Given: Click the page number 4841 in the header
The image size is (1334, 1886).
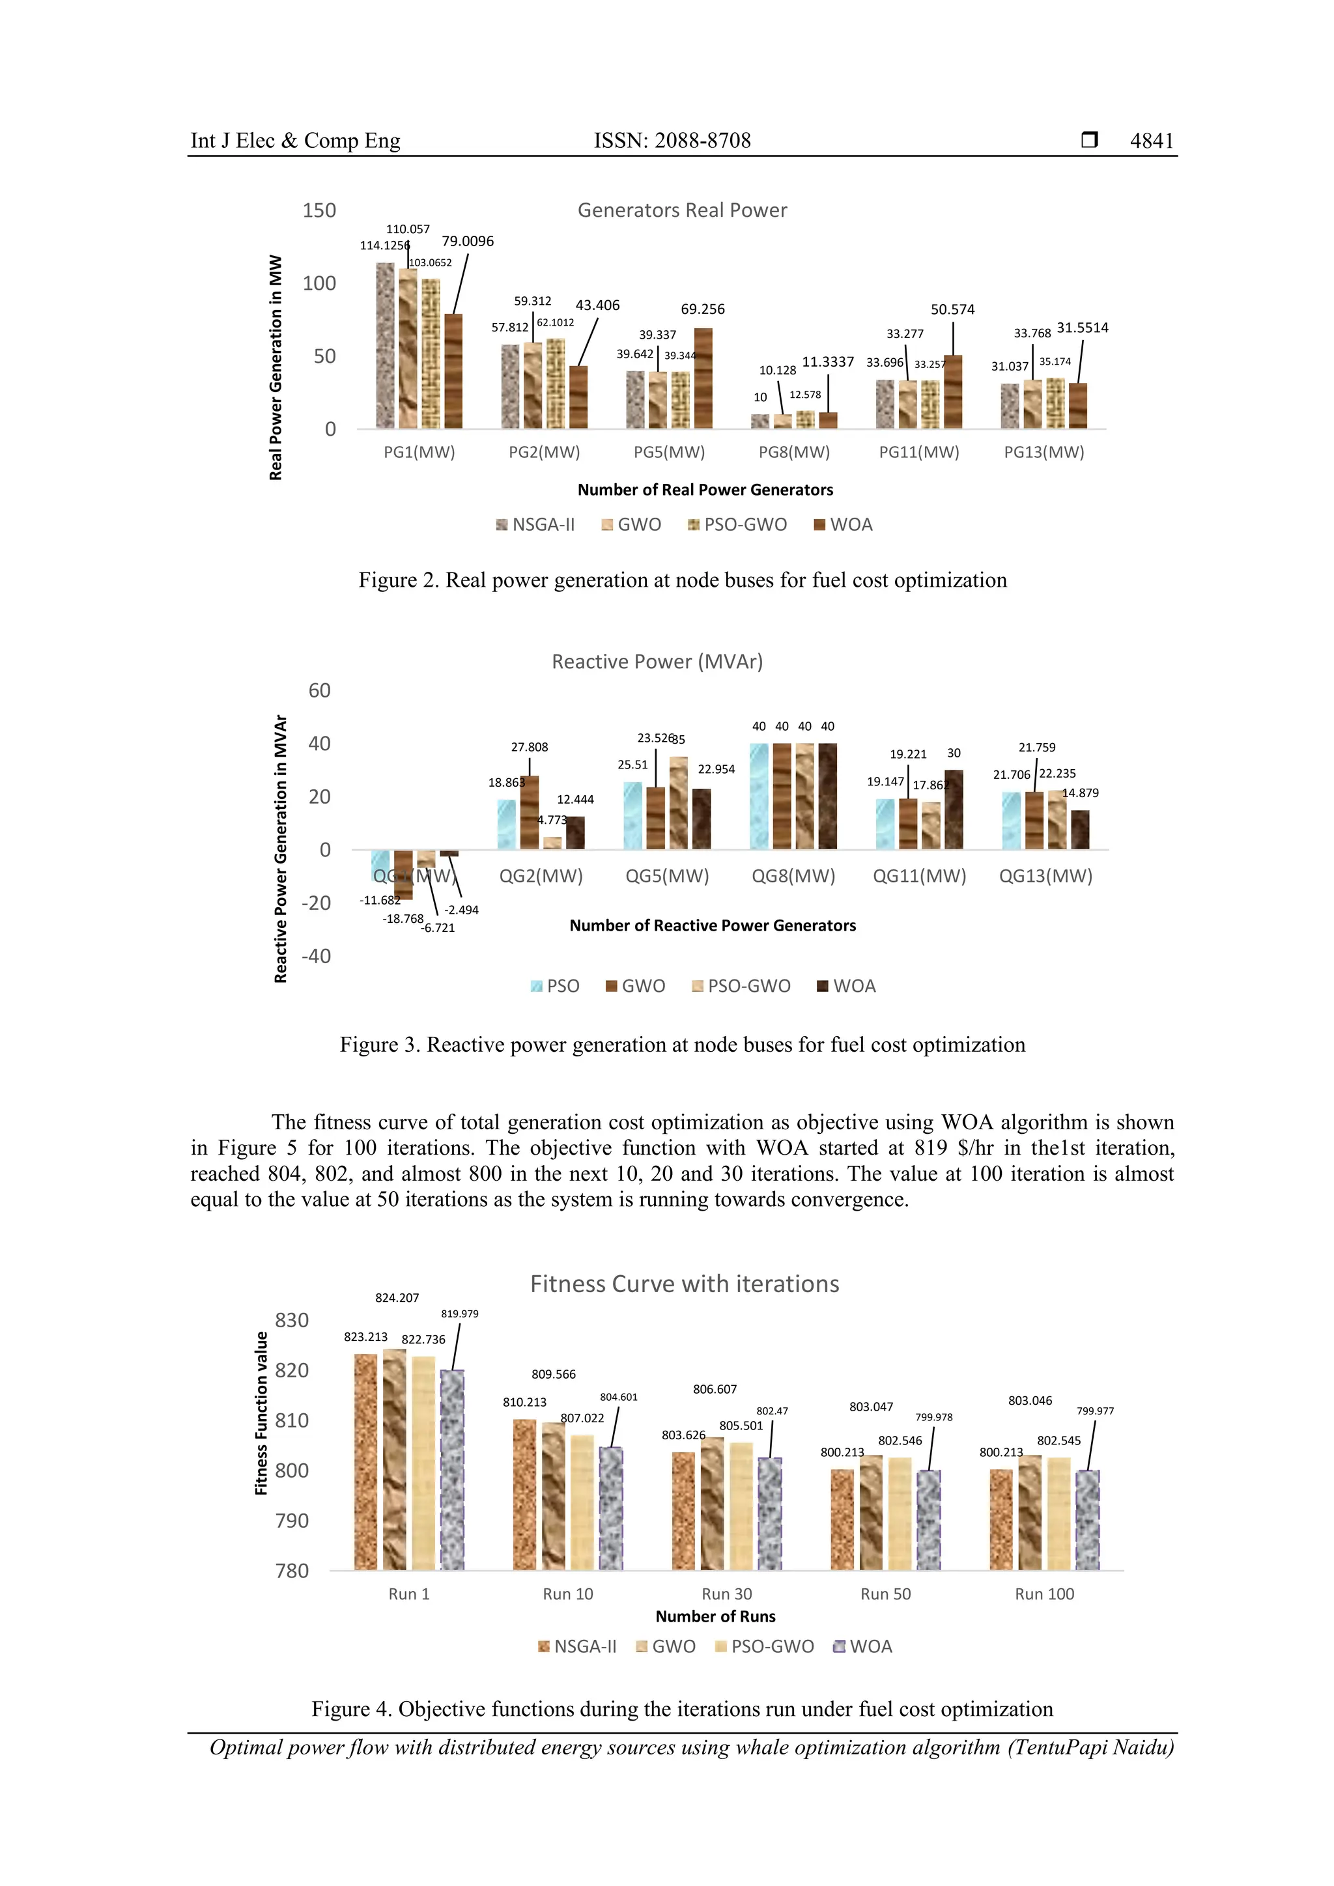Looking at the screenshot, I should point(1151,141).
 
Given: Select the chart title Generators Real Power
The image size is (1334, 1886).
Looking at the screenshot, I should point(682,210).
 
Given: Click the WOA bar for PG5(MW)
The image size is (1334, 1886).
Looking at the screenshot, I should point(703,378).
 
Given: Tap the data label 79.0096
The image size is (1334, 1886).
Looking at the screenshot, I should point(468,241).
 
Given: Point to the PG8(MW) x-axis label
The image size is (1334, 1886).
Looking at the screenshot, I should point(793,452).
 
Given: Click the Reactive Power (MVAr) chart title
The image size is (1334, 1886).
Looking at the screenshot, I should point(657,661).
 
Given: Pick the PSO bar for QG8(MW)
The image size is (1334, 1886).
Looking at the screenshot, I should point(759,796).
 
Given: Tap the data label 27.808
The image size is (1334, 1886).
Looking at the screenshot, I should point(529,747).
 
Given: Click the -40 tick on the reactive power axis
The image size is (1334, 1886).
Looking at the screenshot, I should point(317,955).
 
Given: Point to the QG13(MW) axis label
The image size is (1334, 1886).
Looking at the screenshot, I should point(1045,876).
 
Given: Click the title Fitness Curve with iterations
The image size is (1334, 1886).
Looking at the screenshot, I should point(684,1283).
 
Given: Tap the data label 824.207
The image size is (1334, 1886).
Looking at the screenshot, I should point(397,1298).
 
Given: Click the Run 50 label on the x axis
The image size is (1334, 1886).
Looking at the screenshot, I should point(885,1594).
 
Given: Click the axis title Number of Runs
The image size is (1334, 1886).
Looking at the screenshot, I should point(715,1616).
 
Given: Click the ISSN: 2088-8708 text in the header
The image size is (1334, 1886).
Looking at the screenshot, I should point(672,141).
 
